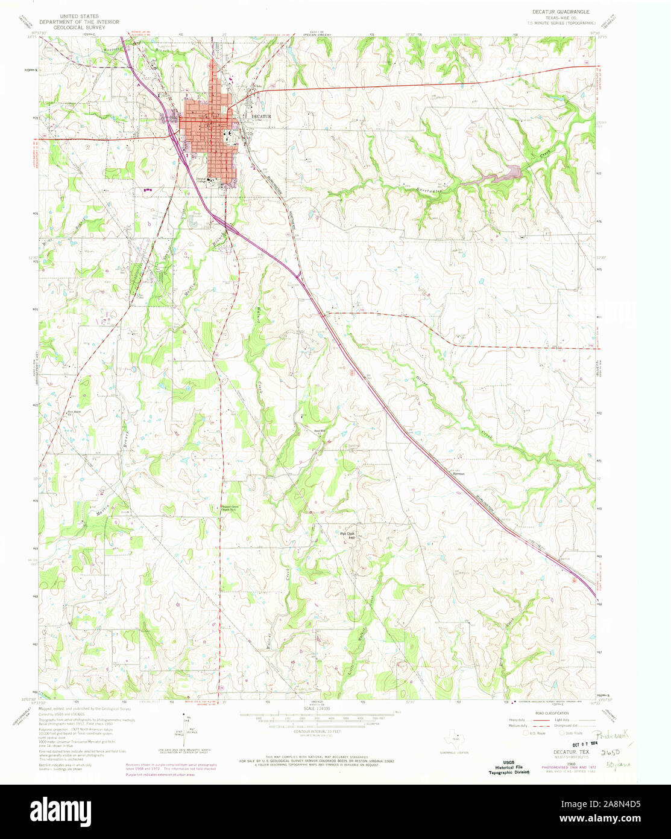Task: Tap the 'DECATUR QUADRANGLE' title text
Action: (561, 11)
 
